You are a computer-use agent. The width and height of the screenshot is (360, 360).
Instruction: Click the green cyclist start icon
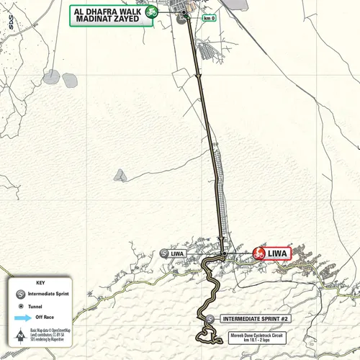[x=150, y=12]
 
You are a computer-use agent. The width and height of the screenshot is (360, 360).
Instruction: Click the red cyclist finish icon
[x=258, y=253]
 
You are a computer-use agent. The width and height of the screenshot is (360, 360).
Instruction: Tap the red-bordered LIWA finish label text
[x=278, y=253]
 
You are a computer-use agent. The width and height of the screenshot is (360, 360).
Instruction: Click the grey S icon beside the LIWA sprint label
[x=163, y=253]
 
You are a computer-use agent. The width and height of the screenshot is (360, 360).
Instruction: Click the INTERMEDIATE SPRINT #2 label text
[x=255, y=318]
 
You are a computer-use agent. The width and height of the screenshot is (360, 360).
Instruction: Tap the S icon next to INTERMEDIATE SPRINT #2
[x=210, y=318]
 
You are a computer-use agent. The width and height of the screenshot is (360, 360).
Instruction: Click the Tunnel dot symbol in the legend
[x=16, y=305]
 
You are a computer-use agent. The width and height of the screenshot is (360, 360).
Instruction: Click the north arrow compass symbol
[x=17, y=336]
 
